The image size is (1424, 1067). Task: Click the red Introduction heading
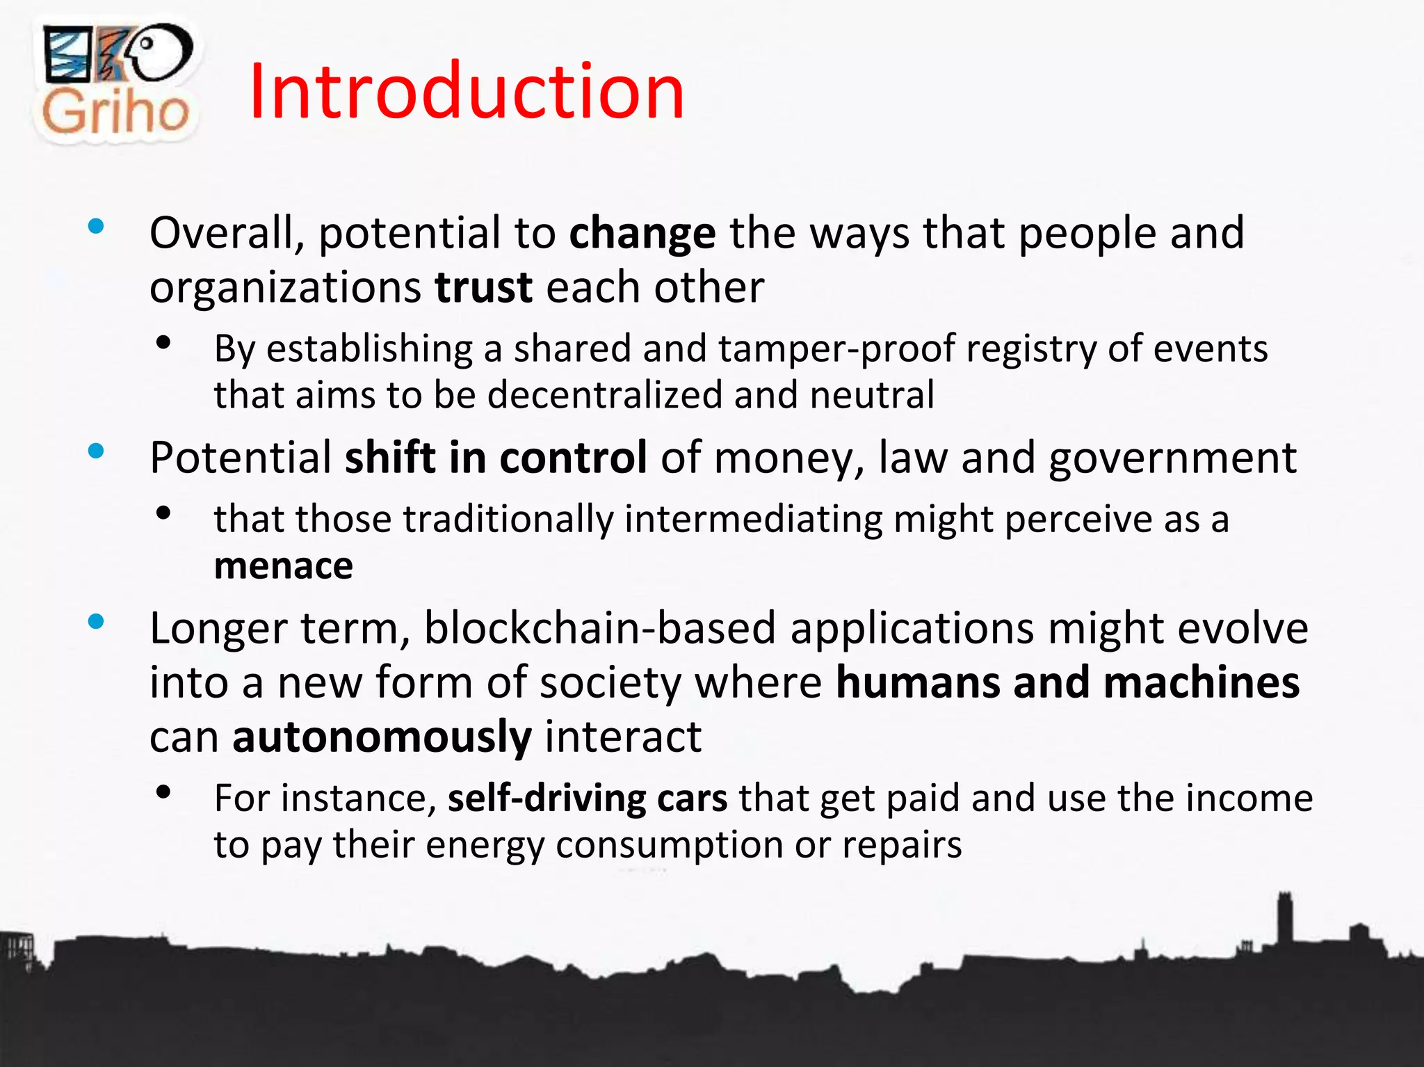click(x=467, y=92)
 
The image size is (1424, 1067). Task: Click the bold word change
click(x=642, y=233)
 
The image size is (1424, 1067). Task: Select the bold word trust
click(x=483, y=287)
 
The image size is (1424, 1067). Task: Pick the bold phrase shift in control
click(x=496, y=458)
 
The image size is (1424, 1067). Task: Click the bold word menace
click(x=284, y=565)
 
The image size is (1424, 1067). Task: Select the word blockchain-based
click(x=599, y=628)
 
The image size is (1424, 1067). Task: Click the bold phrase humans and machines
click(x=1067, y=682)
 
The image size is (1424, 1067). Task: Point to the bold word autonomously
click(x=382, y=737)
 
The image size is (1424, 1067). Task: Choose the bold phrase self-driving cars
click(x=588, y=798)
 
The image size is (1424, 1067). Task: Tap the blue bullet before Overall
click(x=96, y=226)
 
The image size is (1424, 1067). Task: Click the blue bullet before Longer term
click(x=96, y=621)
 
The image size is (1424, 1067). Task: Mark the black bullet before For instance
click(x=164, y=792)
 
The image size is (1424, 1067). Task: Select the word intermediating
click(x=753, y=520)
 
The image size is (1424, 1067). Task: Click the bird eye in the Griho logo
click(x=147, y=43)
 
